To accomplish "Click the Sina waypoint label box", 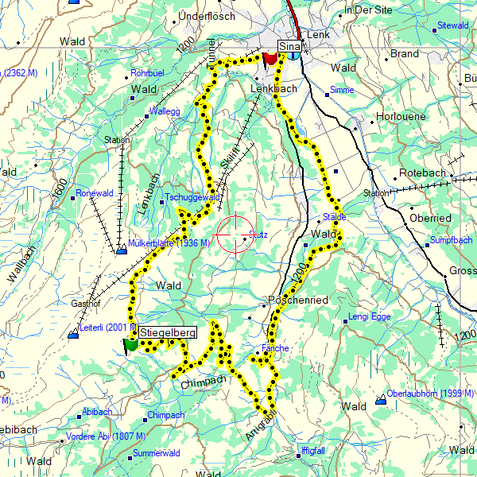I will click(289, 46).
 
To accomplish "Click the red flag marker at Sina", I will click(270, 58).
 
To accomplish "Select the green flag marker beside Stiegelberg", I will click(130, 344).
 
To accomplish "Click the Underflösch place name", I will click(208, 16).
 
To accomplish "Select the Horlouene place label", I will click(401, 117).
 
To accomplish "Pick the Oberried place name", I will click(430, 218).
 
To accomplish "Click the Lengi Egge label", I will click(370, 317).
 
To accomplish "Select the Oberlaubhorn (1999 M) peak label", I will click(430, 394).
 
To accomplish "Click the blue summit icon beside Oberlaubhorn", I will click(381, 397).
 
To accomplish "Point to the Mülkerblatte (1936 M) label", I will click(168, 242).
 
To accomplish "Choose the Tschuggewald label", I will click(192, 197).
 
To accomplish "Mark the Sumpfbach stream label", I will click(451, 240).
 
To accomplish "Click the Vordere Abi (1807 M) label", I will click(106, 436).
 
